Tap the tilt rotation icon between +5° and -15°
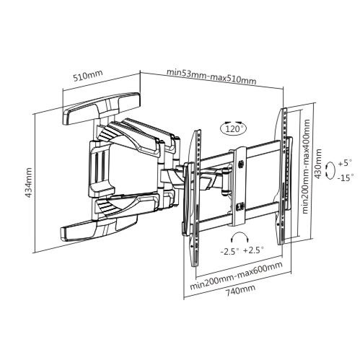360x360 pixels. point(330,170)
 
